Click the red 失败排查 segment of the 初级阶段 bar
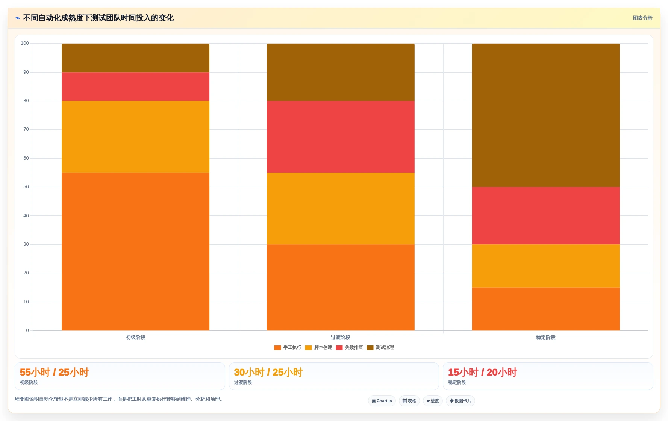coord(135,86)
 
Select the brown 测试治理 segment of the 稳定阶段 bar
coord(546,115)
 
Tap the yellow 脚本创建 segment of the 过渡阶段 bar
coord(341,209)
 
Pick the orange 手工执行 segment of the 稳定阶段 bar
coord(546,309)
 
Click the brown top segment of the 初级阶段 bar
coord(135,58)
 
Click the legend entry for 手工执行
coord(288,348)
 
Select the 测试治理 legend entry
coord(380,348)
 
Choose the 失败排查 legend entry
coord(350,348)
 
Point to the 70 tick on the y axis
coord(26,129)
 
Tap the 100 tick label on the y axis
coord(25,43)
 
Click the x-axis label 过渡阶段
coord(341,338)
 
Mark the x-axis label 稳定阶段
coord(546,338)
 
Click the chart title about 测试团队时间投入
coord(98,18)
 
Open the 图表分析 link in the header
coord(642,18)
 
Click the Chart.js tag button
coord(382,401)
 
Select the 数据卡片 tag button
coord(460,401)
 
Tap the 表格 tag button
coord(409,401)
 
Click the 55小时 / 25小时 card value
coord(55,373)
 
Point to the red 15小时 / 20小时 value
coord(483,373)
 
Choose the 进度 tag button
coord(433,401)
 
